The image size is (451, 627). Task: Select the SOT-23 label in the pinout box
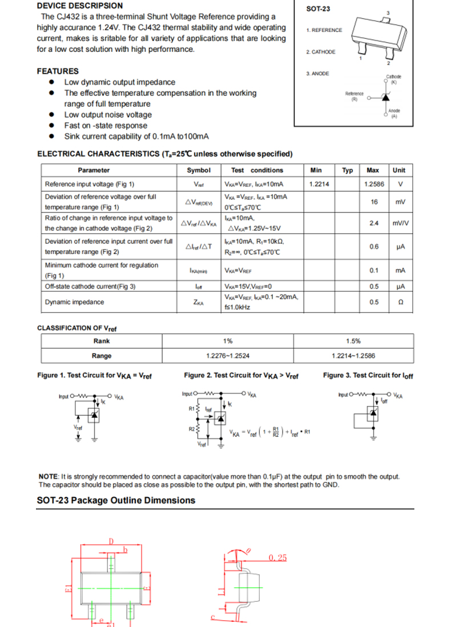coord(318,9)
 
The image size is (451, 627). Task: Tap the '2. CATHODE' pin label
coord(320,52)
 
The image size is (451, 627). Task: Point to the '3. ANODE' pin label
coord(317,74)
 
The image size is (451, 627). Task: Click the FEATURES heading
coord(58,71)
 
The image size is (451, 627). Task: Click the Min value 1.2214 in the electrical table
coord(319,184)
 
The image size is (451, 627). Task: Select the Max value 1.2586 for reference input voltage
coord(373,184)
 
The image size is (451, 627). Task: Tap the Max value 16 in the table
coord(374,202)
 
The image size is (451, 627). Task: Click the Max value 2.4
coord(374,223)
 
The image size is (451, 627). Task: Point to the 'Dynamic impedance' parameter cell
coord(74,302)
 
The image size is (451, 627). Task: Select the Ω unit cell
coord(400,302)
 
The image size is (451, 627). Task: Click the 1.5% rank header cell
coord(353,341)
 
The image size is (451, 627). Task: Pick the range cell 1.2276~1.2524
coord(228,356)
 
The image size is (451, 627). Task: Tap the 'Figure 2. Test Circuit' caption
coord(241,376)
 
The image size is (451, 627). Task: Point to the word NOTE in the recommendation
coord(48,476)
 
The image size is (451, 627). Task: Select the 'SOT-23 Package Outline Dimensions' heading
coord(116,500)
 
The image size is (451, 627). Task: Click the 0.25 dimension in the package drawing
coord(277,557)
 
